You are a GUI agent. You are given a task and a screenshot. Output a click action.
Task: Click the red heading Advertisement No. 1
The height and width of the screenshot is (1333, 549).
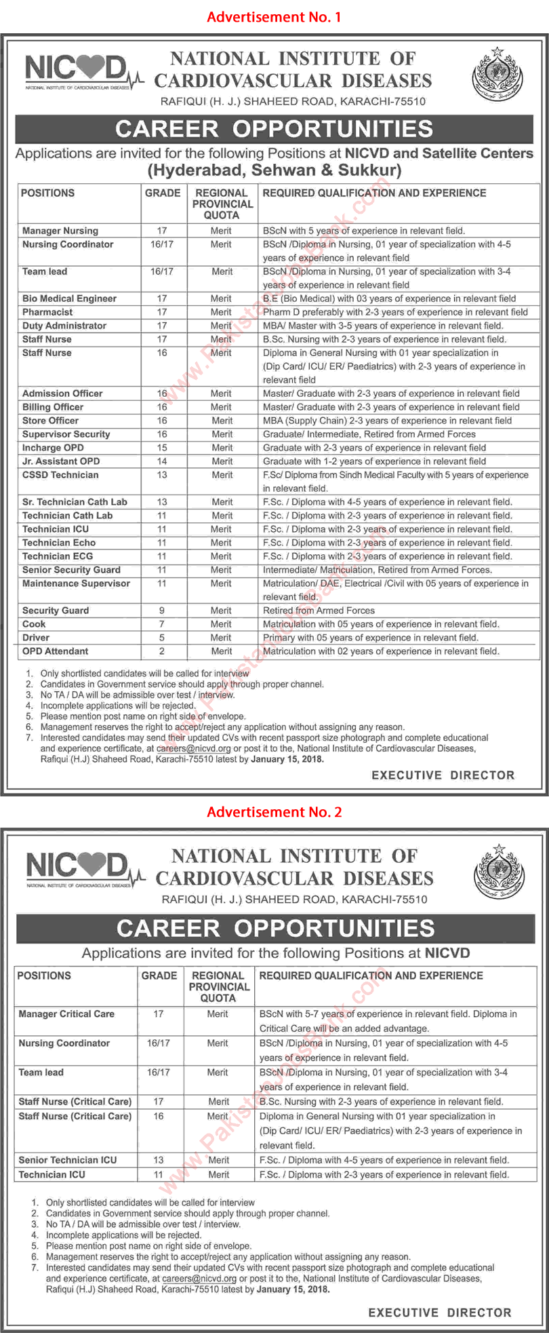274,17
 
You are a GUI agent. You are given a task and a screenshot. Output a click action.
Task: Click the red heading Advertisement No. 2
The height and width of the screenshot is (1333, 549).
274,812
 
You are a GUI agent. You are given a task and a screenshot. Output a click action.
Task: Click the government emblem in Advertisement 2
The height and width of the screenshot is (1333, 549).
498,872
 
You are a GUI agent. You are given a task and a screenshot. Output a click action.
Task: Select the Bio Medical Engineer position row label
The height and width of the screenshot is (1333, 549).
69,298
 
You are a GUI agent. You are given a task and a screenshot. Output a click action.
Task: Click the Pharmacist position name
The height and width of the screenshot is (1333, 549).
47,312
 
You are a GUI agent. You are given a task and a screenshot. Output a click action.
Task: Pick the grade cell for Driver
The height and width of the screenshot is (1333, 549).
162,638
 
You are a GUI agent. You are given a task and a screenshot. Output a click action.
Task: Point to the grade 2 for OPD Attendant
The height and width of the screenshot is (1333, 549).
162,651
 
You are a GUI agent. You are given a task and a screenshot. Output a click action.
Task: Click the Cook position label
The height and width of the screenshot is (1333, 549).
34,624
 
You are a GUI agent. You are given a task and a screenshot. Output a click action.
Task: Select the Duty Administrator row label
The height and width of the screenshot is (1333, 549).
64,326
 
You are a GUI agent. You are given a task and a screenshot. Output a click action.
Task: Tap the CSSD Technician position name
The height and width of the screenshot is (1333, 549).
60,475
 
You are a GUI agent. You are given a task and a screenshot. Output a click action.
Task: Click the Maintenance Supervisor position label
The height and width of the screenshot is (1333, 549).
76,583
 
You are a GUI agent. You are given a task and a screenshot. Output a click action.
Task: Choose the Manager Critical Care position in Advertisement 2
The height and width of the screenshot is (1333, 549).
66,1014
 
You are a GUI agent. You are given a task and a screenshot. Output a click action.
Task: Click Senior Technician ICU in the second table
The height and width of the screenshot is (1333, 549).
68,1160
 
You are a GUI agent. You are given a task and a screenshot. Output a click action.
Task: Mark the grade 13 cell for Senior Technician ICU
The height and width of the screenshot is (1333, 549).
159,1160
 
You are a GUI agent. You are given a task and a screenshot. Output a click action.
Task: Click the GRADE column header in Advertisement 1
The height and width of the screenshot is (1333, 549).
163,193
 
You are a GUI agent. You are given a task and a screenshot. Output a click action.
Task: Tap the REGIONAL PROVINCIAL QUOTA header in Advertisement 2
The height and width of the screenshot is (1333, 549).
219,986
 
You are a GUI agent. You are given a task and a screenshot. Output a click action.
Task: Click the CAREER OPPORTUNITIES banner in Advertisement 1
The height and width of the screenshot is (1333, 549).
274,129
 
